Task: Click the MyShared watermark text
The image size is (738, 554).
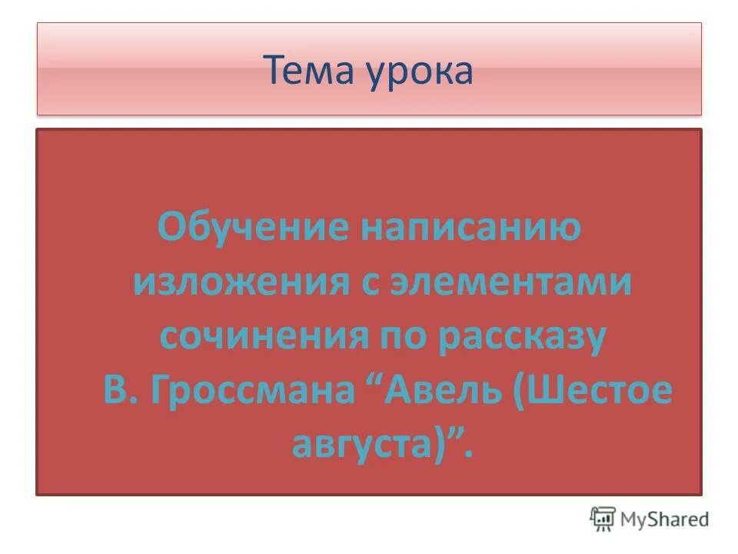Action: click(665, 519)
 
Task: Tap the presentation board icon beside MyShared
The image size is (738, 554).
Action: click(603, 519)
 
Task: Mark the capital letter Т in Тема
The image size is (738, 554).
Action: click(276, 70)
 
